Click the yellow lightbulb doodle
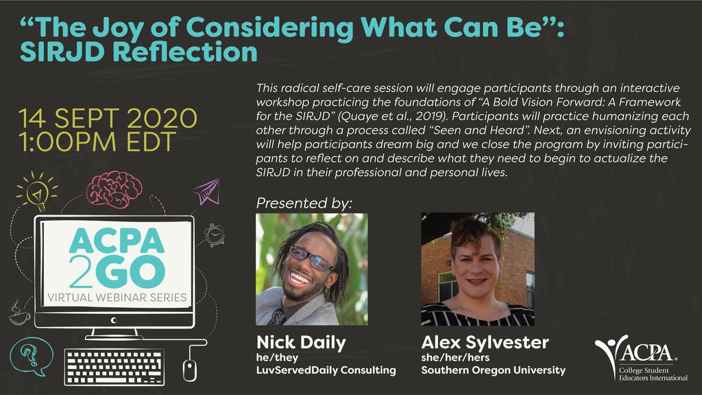tap(33, 190)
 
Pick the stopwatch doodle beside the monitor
tap(215, 235)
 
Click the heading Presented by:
tap(304, 203)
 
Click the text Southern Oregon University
tap(493, 370)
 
